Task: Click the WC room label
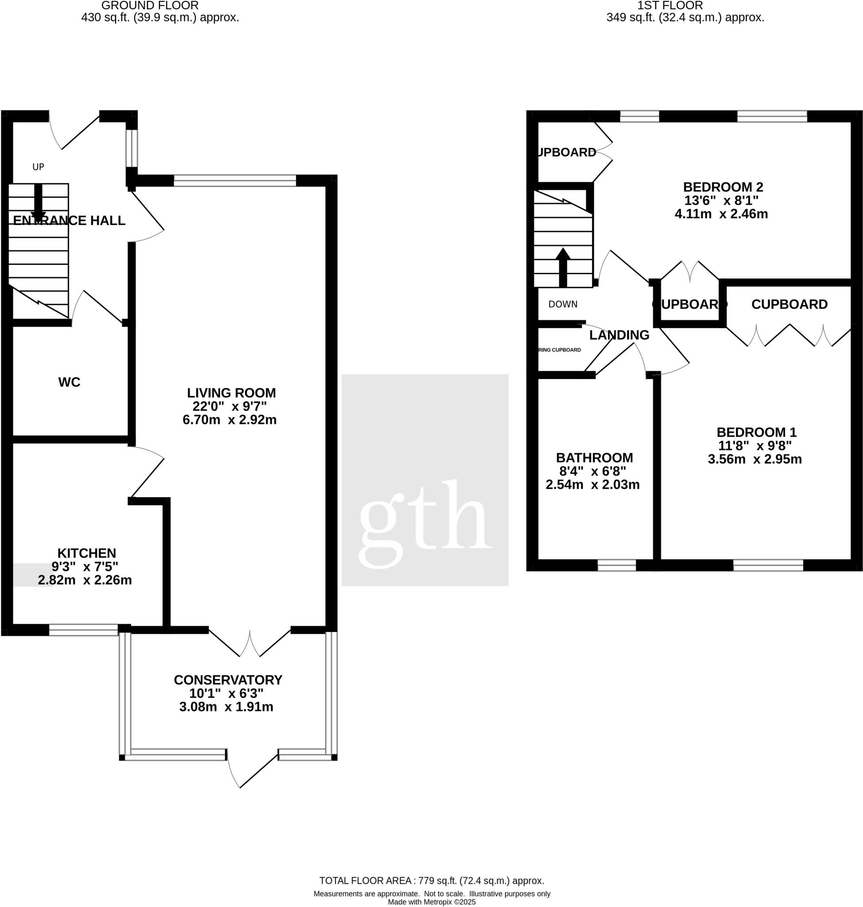point(69,382)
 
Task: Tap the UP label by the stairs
point(38,167)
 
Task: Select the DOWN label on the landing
point(562,304)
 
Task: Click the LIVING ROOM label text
point(231,393)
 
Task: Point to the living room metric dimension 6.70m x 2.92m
point(230,420)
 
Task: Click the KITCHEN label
point(86,553)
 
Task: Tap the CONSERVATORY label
point(228,679)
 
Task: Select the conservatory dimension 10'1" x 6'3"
point(226,694)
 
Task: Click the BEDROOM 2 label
point(723,187)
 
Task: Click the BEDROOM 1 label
point(756,432)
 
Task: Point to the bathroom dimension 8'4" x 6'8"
point(593,471)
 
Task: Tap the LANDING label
point(619,335)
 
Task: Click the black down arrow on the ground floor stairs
point(38,202)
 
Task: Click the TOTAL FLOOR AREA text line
point(431,881)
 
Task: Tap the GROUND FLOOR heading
point(150,5)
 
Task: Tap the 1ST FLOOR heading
point(669,5)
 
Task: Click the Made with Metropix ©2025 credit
point(431,902)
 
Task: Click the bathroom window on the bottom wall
point(616,566)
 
